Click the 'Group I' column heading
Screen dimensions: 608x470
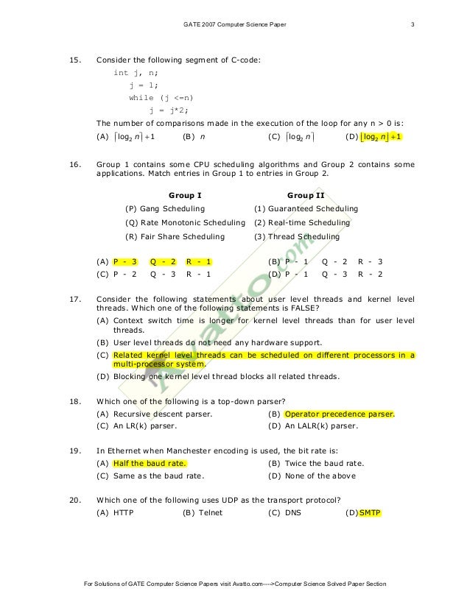click(185, 195)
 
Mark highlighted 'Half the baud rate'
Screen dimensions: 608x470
click(150, 463)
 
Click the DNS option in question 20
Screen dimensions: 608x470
click(292, 512)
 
